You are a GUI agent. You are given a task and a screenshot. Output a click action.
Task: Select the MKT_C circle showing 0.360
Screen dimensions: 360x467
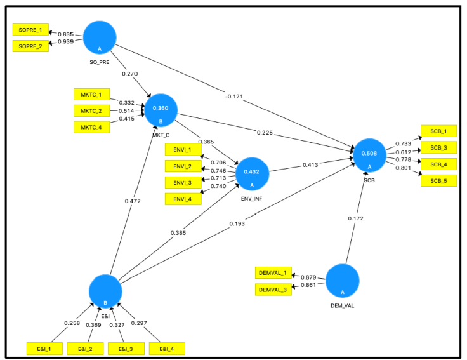(x=161, y=109)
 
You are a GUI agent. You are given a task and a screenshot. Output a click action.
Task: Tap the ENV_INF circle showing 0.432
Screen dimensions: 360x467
(x=252, y=173)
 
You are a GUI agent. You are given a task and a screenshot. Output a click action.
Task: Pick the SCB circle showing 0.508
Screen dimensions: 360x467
(x=370, y=154)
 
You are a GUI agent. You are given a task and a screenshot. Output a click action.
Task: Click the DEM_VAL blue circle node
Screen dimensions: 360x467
(x=343, y=281)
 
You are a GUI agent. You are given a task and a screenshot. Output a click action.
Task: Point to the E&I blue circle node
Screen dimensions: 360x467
(x=105, y=291)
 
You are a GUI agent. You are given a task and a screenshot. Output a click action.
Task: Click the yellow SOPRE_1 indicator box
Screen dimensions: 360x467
(x=30, y=30)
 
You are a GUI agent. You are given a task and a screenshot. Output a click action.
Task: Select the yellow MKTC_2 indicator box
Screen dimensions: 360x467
(x=91, y=110)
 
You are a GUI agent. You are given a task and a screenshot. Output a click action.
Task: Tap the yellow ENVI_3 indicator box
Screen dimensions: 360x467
(x=183, y=183)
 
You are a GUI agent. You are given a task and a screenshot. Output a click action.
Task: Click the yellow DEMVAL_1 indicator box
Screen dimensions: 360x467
(x=273, y=273)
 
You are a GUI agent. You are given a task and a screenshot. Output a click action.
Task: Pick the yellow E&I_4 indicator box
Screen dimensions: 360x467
(x=167, y=349)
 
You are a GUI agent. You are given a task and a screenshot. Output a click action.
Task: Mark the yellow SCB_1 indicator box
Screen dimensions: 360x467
(x=438, y=131)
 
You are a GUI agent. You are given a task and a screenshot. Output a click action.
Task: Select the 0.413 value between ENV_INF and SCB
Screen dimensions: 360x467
(x=310, y=164)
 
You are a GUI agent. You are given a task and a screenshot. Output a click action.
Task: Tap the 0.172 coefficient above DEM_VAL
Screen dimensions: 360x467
(x=357, y=218)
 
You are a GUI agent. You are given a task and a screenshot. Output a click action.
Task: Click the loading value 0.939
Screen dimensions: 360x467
(x=65, y=42)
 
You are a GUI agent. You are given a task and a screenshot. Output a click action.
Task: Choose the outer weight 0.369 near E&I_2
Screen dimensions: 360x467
(x=93, y=326)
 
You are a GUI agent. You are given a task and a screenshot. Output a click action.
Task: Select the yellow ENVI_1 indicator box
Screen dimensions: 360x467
(x=183, y=149)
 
